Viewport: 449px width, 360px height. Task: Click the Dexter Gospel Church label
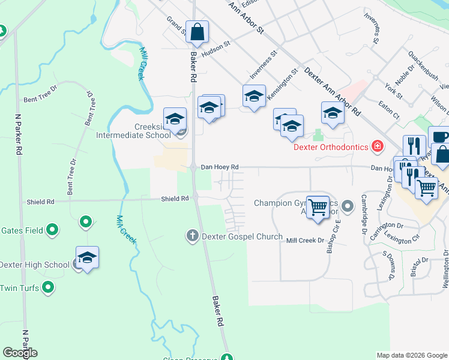(x=242, y=236)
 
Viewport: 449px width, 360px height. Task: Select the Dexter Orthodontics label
(x=331, y=146)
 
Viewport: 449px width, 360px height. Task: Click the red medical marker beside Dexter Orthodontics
(x=377, y=146)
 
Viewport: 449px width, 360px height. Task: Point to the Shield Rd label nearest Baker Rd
(x=175, y=198)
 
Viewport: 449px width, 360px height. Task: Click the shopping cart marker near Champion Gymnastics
(x=318, y=208)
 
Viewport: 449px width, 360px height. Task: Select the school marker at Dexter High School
(x=87, y=258)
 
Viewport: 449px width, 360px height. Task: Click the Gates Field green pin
(x=53, y=229)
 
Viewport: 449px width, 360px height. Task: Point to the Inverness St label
(x=264, y=65)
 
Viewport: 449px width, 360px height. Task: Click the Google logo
(x=19, y=353)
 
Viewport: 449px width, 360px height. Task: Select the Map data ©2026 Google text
(x=411, y=355)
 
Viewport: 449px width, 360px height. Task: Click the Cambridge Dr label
(x=364, y=213)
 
